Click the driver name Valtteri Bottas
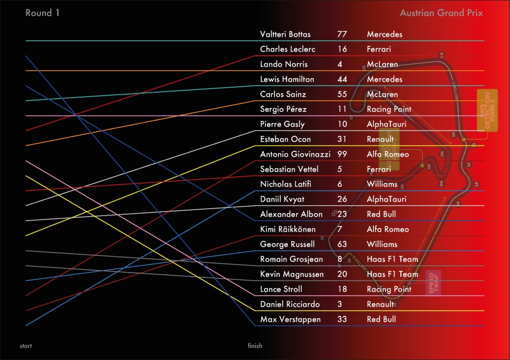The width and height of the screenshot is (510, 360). [285, 34]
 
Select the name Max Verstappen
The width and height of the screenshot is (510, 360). [290, 319]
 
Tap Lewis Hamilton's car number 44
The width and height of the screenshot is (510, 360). [342, 79]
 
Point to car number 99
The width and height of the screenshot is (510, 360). [342, 154]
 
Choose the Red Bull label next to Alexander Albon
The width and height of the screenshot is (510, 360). [381, 214]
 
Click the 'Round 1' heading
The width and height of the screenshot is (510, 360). [42, 13]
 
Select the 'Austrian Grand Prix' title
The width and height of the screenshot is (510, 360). [441, 13]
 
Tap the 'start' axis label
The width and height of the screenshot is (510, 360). [26, 346]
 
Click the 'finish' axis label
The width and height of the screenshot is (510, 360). [255, 346]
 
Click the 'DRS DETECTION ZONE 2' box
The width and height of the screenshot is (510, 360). [487, 110]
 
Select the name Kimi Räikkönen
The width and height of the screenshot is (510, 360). [288, 229]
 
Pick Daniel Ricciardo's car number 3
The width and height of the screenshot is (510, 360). [339, 304]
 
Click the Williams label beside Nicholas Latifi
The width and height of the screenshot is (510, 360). [382, 184]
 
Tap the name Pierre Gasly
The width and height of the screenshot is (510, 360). [282, 124]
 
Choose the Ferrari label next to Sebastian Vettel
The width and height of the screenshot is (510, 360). [379, 169]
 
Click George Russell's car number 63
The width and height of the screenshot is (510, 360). [342, 244]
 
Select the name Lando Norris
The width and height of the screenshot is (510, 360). [284, 64]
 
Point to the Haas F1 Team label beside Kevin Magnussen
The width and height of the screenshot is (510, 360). [392, 274]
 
